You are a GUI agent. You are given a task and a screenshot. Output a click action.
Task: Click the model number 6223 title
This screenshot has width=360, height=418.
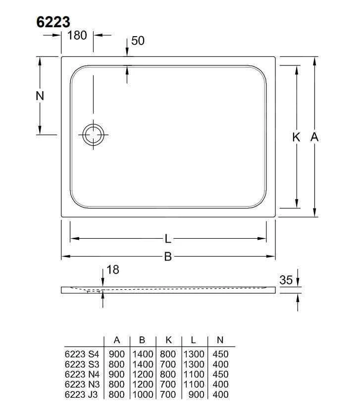tap(53, 22)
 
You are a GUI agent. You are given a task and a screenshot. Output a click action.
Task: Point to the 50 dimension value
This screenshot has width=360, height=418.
tap(138, 41)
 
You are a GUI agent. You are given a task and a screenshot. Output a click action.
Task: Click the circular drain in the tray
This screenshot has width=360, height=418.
tap(93, 134)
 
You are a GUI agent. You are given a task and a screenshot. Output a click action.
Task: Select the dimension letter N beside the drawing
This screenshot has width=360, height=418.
tap(40, 96)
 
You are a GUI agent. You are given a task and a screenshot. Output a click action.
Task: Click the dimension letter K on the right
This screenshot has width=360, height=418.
tap(296, 137)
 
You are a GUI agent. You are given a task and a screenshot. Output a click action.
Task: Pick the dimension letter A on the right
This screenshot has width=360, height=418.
tap(314, 137)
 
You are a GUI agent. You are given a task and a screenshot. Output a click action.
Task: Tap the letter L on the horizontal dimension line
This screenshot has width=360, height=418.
tap(168, 239)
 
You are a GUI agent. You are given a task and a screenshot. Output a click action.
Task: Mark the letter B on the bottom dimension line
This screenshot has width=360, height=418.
tap(168, 257)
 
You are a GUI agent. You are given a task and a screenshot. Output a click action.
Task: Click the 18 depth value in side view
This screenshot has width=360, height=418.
tap(113, 270)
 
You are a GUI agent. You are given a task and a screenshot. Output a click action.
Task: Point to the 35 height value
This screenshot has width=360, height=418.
tap(286, 280)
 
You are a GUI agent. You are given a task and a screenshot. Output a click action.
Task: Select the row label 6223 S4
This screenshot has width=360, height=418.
tap(82, 354)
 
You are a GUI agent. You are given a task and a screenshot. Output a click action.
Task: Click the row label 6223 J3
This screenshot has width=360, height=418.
tap(82, 394)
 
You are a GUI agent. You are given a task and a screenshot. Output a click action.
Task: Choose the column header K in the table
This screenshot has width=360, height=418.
tap(168, 340)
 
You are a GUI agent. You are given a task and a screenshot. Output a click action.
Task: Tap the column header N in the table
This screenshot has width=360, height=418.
tap(220, 340)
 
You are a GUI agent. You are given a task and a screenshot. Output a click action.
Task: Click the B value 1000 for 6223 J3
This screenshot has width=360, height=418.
tap(143, 394)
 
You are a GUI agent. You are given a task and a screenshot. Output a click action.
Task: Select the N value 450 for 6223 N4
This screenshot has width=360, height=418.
tap(220, 374)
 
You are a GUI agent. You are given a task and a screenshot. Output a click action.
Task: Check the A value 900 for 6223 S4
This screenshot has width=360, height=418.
tap(117, 354)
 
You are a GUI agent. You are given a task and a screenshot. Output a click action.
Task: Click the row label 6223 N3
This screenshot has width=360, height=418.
tap(82, 384)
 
